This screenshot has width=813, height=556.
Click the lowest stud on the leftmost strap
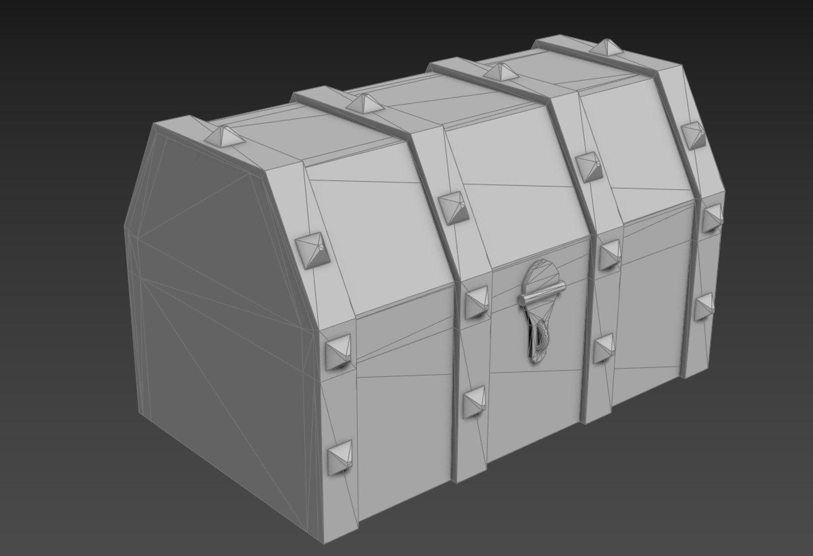tap(340, 456)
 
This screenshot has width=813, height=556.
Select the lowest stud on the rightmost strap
tap(704, 308)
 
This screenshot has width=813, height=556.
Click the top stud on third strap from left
tap(500, 71)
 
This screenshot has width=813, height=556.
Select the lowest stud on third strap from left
tap(605, 348)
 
